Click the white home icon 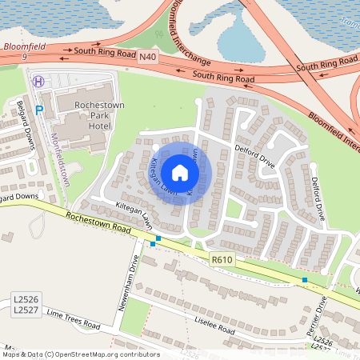180,173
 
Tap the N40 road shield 147,56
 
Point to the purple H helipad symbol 38,80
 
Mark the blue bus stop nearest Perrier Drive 304,280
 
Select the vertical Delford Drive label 317,199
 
